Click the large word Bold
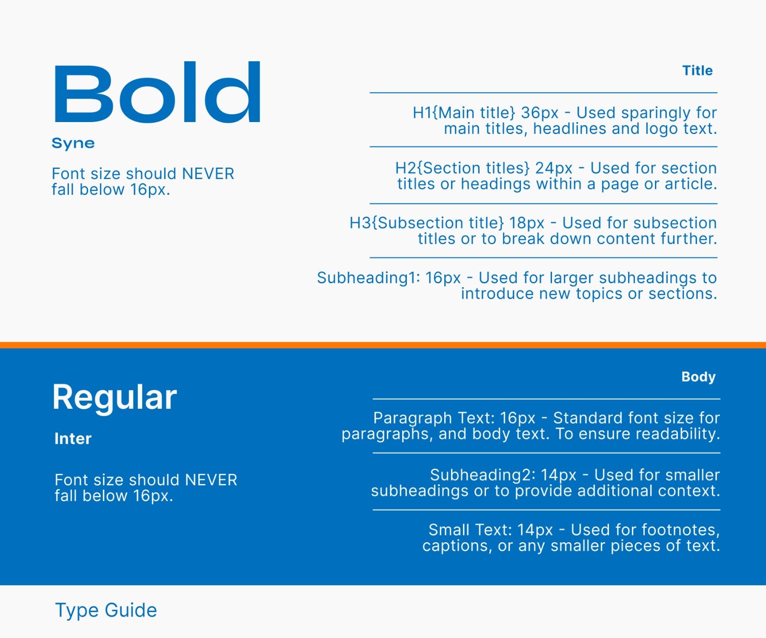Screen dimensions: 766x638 [x=157, y=92]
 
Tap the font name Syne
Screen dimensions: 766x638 [x=73, y=144]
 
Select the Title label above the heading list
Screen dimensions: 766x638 [x=698, y=71]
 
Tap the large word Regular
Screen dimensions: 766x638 [x=115, y=398]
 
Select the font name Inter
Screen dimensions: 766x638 [x=73, y=439]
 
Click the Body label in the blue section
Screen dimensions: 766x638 [x=698, y=377]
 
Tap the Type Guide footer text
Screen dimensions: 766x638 [x=106, y=611]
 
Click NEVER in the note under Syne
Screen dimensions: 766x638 [x=208, y=173]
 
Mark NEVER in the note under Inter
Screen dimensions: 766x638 [x=211, y=480]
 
